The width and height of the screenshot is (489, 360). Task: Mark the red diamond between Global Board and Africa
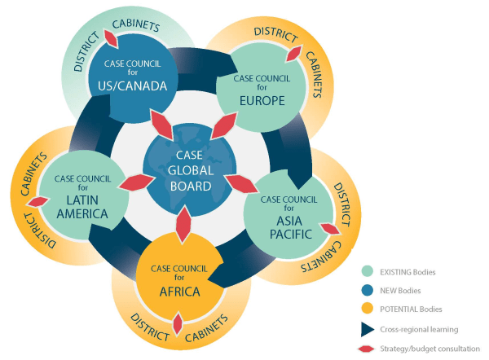(183, 222)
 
